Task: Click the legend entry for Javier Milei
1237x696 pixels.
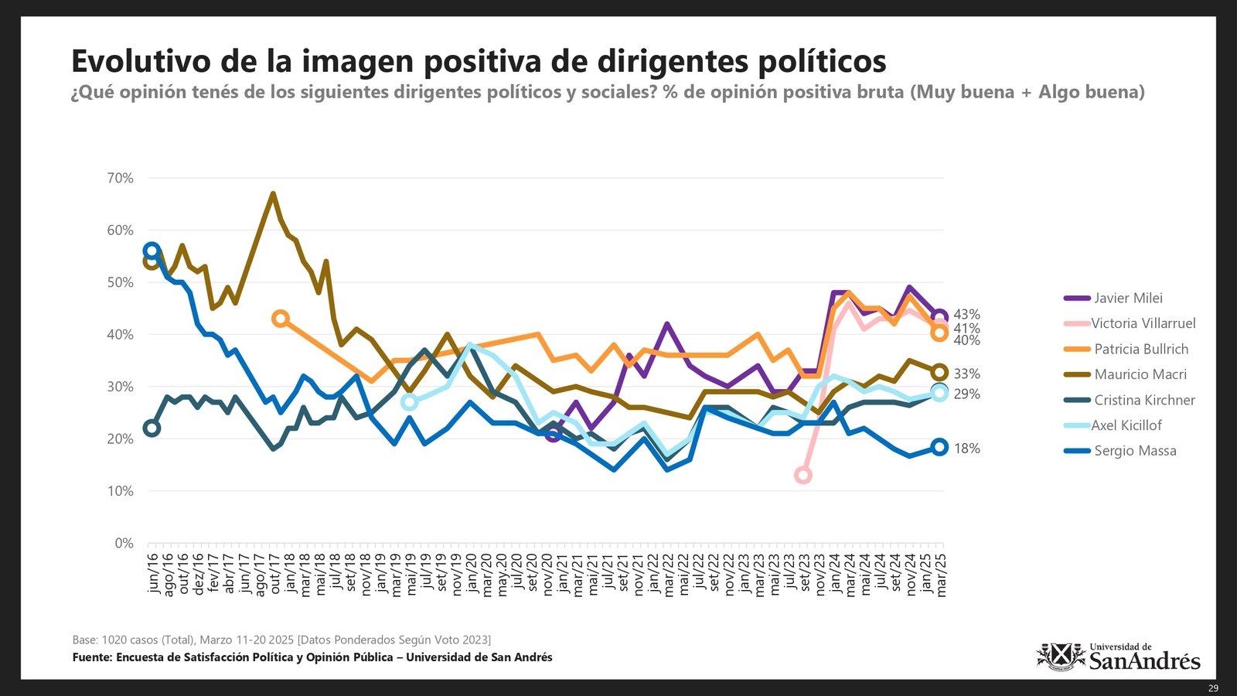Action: pos(1127,298)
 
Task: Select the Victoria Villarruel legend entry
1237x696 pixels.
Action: pos(1143,323)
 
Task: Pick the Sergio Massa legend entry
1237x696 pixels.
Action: pos(1134,451)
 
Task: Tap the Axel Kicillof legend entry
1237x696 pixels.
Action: pos(1126,425)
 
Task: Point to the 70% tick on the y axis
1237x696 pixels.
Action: pos(120,178)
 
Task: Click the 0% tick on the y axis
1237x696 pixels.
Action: pos(124,543)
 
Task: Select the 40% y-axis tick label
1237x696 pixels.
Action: pos(120,335)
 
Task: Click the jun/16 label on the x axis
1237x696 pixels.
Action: pos(152,573)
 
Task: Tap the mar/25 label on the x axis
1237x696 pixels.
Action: pos(941,575)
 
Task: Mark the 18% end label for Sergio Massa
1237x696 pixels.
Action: pos(966,449)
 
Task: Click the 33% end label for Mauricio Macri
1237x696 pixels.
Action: pos(966,374)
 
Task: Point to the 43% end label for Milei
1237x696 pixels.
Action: pos(966,315)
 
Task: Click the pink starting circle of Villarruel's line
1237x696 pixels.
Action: pos(803,475)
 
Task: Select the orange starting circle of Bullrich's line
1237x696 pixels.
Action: pos(281,319)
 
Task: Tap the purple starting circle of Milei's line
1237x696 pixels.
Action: pos(553,434)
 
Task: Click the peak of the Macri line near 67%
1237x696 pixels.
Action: pos(273,193)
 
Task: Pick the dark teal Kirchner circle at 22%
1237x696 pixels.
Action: pos(152,428)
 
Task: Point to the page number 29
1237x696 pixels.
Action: pos(1213,688)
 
